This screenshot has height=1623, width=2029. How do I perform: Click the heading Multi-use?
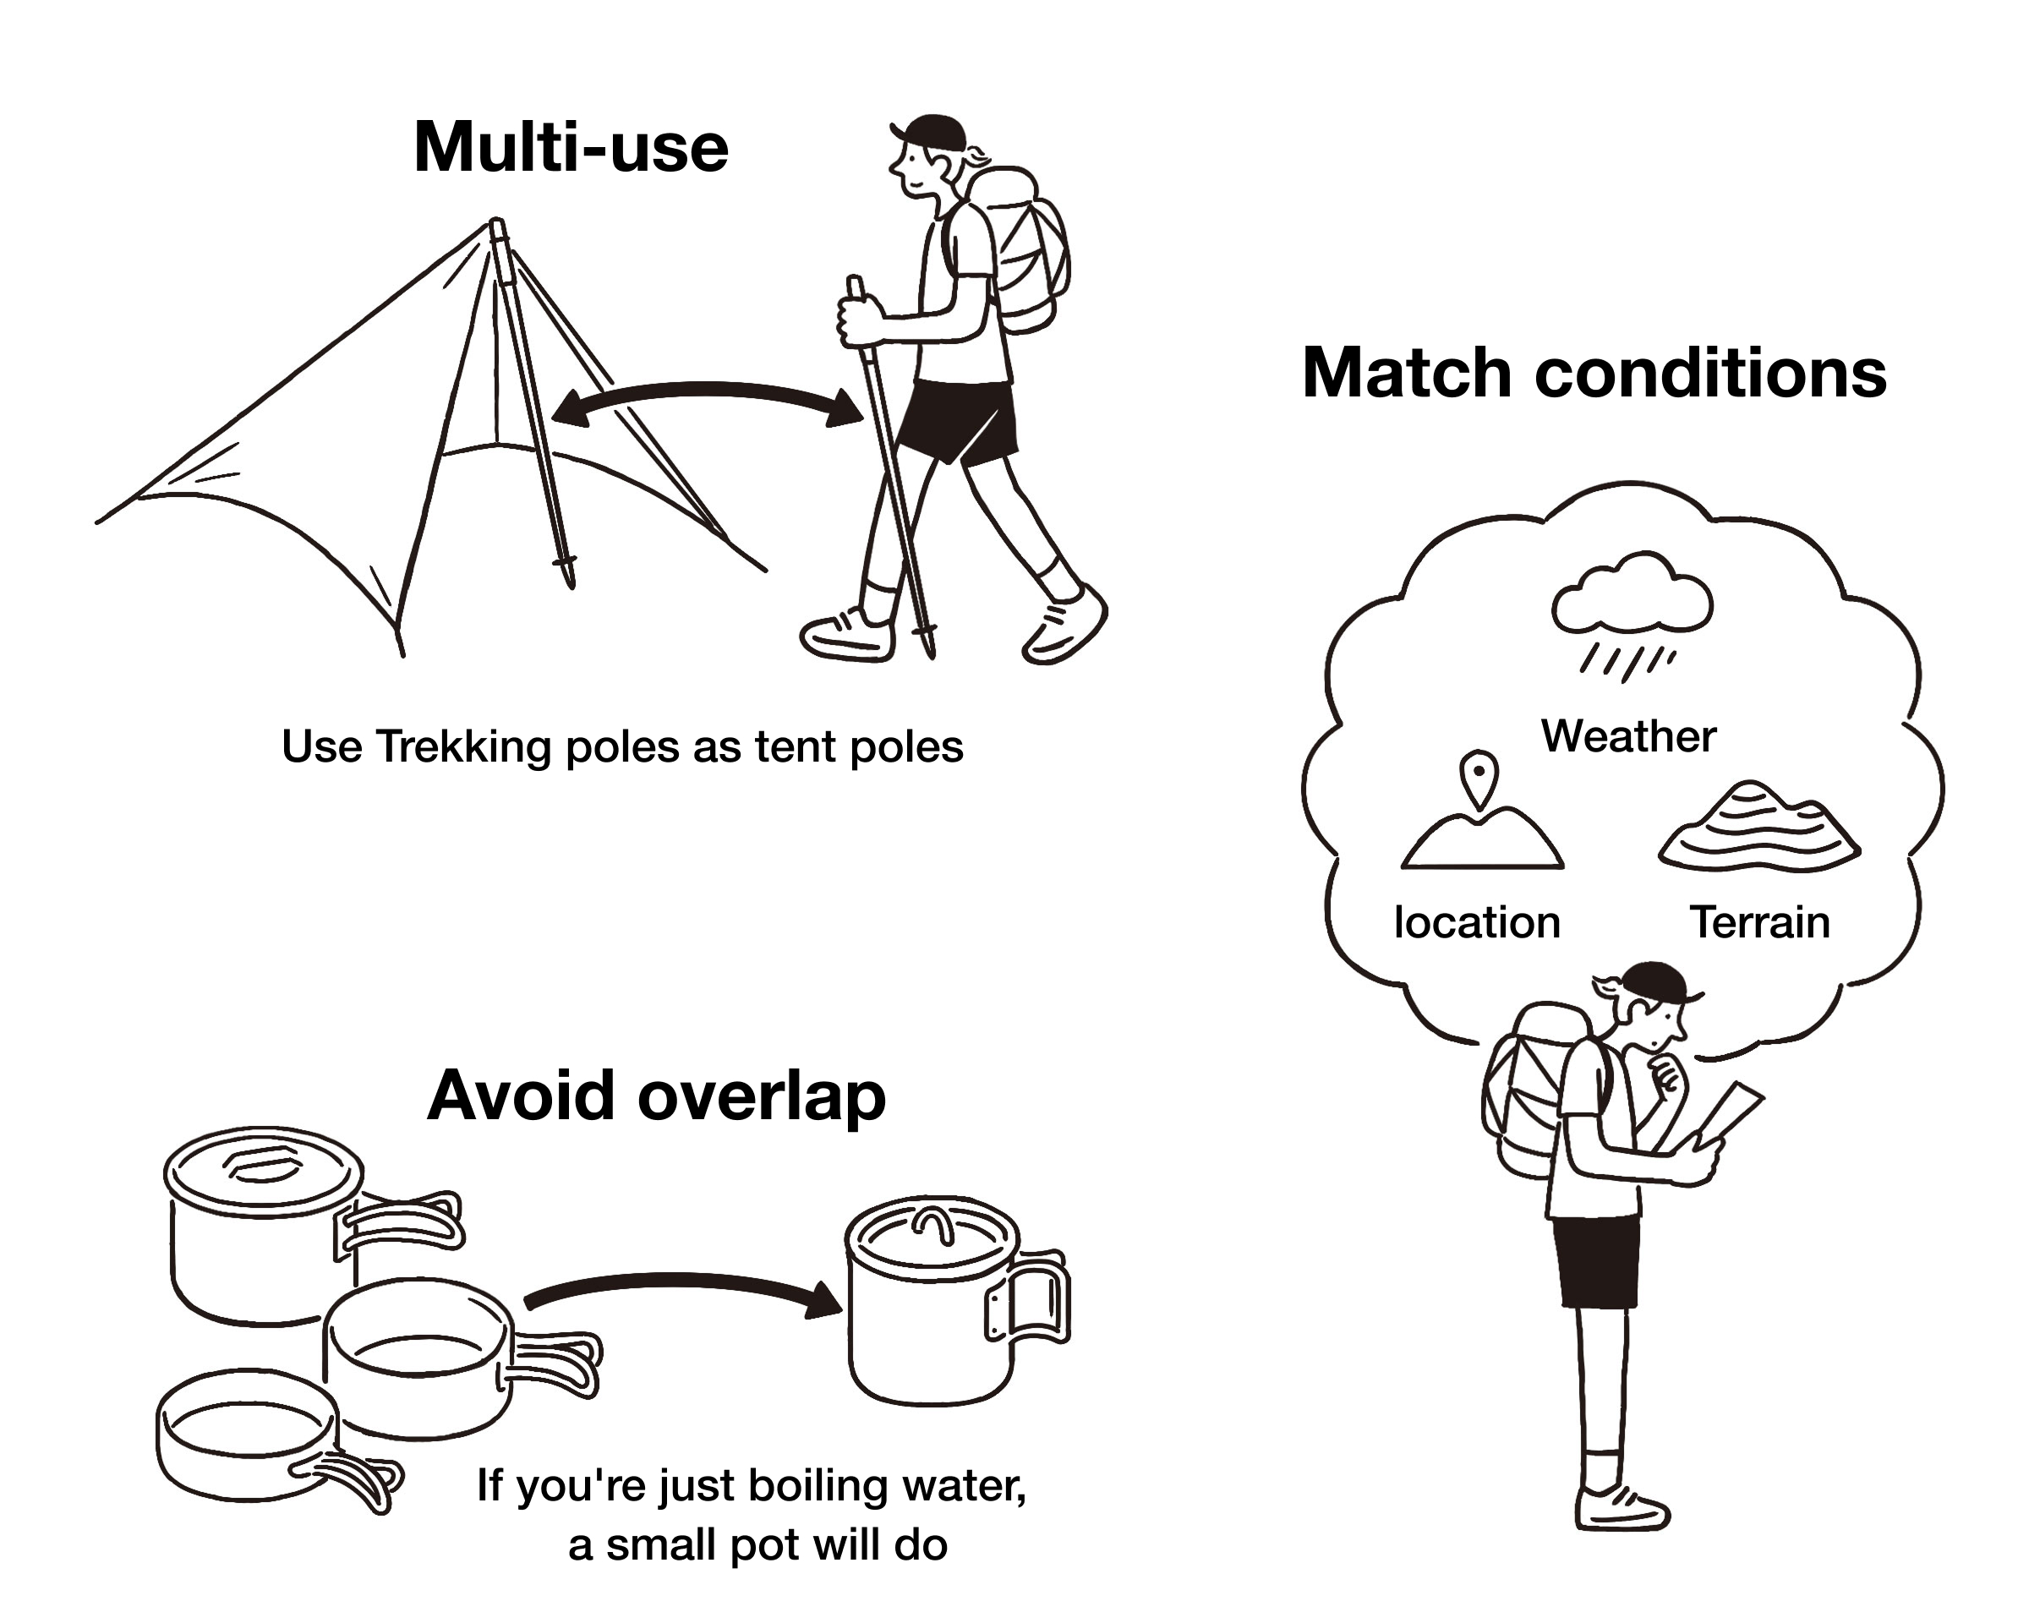click(571, 148)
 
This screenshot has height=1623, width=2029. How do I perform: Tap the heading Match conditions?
click(1594, 374)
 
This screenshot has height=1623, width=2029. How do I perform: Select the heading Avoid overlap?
click(656, 1096)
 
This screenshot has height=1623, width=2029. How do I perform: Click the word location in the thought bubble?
click(1477, 922)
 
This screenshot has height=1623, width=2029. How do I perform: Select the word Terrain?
click(1759, 922)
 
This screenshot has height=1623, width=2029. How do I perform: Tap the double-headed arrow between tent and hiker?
click(707, 399)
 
